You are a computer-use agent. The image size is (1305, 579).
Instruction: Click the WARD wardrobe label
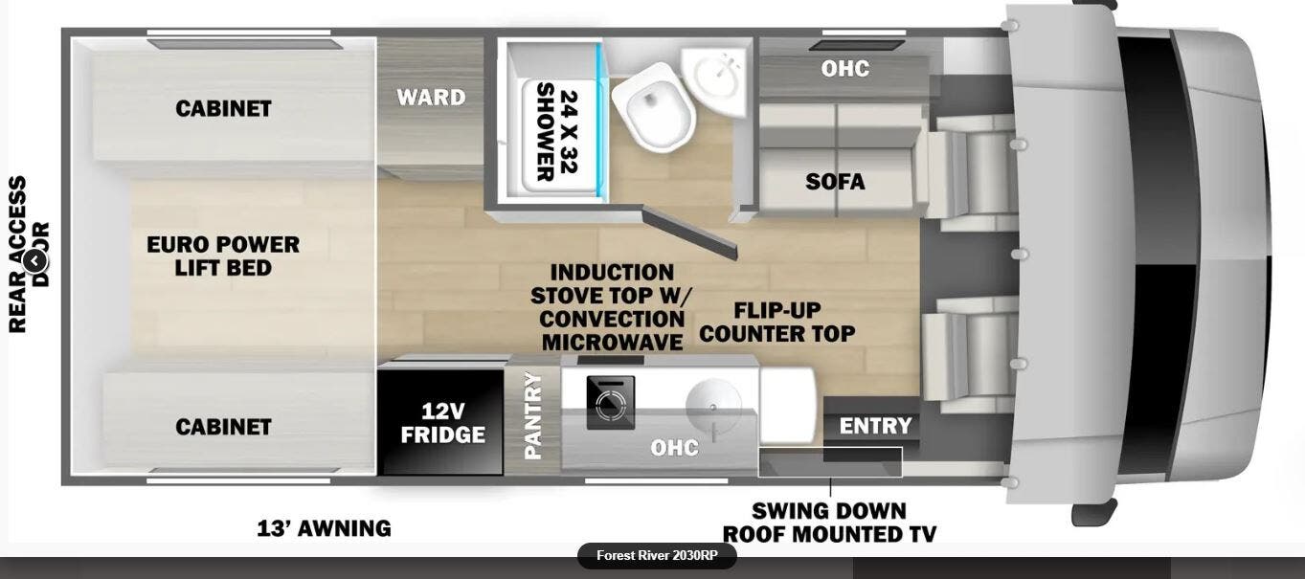(431, 97)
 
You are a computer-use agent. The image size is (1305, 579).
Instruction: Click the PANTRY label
(533, 415)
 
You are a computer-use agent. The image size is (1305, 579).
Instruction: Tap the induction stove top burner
(609, 407)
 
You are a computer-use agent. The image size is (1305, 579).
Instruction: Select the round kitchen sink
(709, 406)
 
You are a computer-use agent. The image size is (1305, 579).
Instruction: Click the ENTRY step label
(875, 426)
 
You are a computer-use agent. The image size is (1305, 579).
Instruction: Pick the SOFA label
(834, 181)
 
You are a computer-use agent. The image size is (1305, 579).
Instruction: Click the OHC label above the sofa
(844, 69)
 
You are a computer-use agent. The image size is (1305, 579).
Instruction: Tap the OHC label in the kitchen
(674, 448)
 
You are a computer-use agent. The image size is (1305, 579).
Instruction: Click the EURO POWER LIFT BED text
(223, 256)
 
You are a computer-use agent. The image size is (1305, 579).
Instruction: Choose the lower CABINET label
(223, 427)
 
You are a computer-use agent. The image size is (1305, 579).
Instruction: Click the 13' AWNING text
(324, 527)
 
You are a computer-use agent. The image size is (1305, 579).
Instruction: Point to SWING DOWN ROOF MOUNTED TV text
(829, 522)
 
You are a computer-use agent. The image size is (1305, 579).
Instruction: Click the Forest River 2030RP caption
(656, 556)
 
